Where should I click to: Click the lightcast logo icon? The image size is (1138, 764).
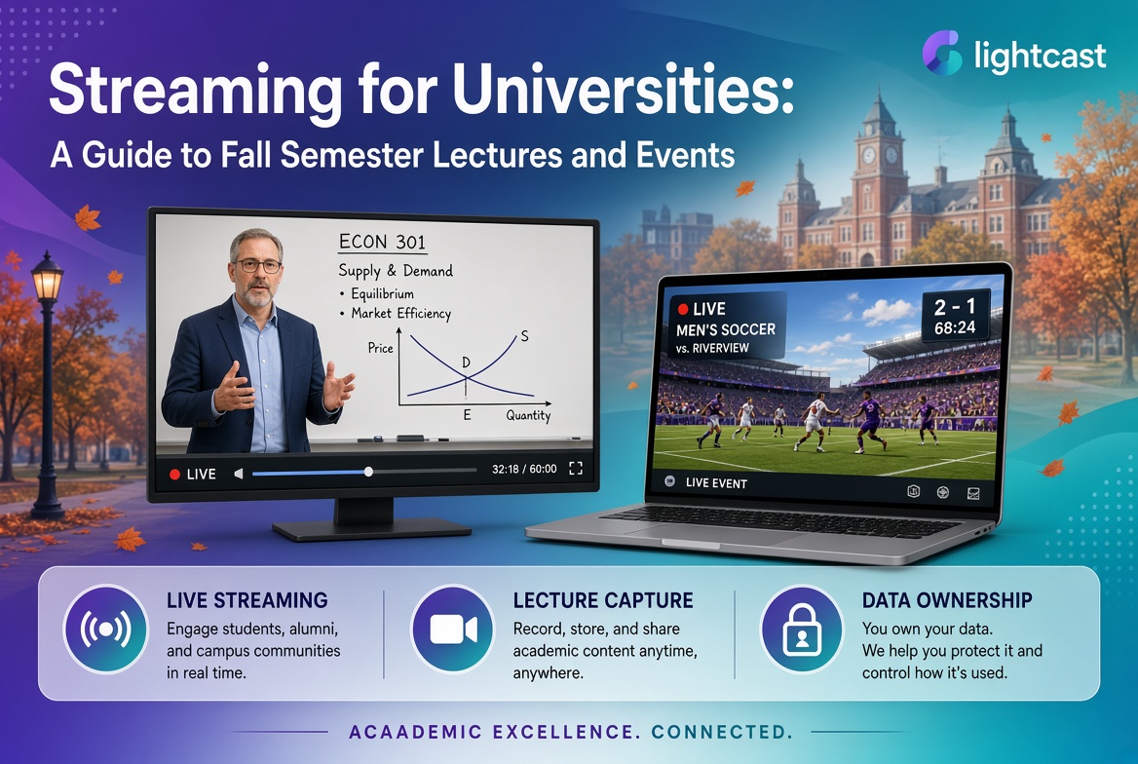click(942, 53)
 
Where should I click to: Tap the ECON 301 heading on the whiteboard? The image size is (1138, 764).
click(382, 242)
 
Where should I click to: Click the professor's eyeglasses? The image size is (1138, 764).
click(257, 266)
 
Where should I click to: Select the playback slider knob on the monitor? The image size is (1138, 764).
click(368, 472)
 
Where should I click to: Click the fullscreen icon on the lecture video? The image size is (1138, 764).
click(576, 469)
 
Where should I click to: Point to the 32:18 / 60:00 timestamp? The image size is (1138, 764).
click(524, 469)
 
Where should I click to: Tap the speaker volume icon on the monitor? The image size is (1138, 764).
click(238, 474)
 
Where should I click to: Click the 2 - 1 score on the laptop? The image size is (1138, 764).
click(955, 306)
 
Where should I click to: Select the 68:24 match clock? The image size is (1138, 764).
click(955, 327)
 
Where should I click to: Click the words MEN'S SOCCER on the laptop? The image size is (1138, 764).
click(726, 329)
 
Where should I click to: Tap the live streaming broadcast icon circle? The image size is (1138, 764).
click(106, 629)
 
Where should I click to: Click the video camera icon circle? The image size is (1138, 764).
click(453, 629)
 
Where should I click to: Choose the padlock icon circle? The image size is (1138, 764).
click(801, 629)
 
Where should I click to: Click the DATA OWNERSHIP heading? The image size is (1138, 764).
click(947, 600)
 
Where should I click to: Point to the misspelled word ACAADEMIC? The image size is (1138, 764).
click(415, 731)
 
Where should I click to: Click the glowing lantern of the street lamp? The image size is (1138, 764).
click(47, 279)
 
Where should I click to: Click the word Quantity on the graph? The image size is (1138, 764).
click(528, 415)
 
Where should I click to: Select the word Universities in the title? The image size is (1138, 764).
click(622, 91)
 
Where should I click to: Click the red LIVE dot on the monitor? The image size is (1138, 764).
click(174, 475)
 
